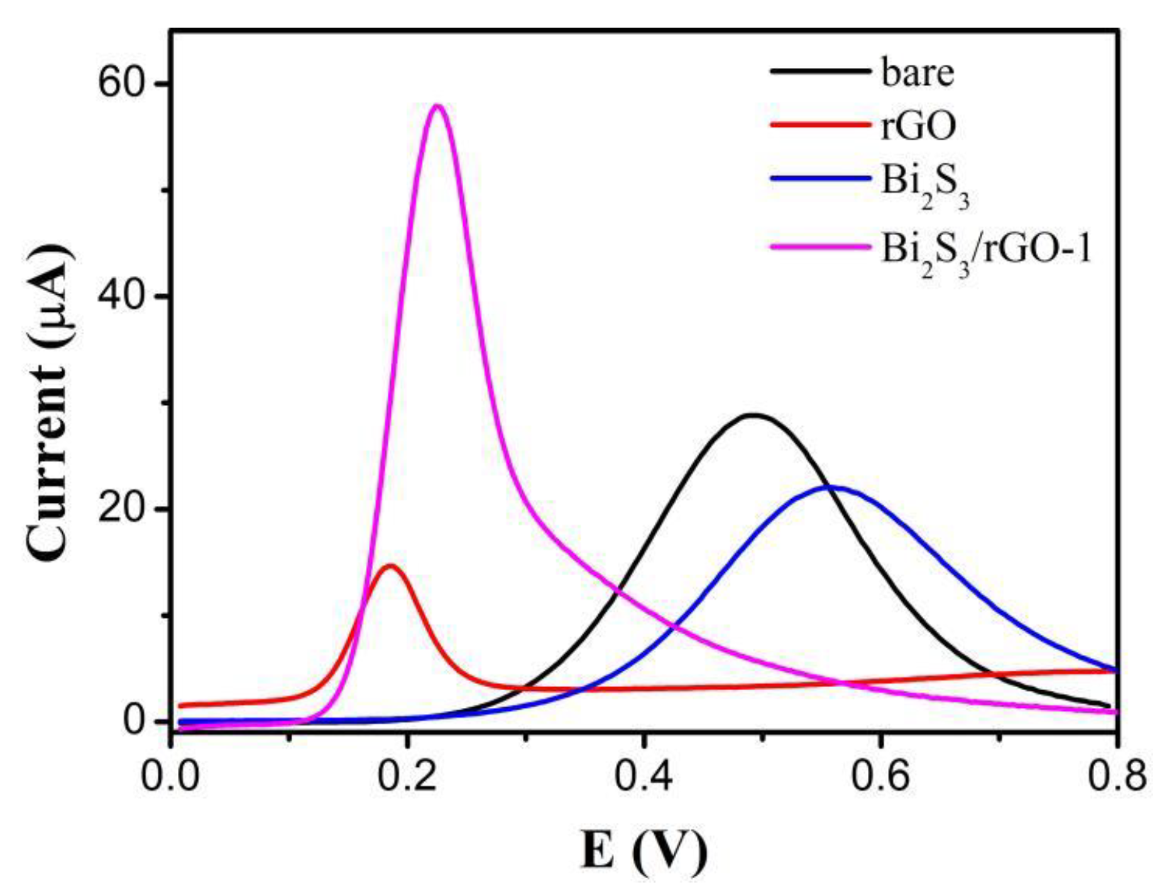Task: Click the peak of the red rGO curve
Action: click(x=391, y=566)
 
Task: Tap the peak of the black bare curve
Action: click(x=753, y=415)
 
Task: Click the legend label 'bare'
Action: click(x=918, y=73)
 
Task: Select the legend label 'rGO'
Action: click(x=919, y=126)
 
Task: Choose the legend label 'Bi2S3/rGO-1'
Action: click(x=987, y=250)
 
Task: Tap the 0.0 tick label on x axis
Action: click(x=170, y=777)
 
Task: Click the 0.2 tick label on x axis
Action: click(x=407, y=777)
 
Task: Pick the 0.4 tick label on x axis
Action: click(x=644, y=777)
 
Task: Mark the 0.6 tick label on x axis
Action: click(x=880, y=777)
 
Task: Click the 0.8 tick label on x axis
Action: click(x=1117, y=777)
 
